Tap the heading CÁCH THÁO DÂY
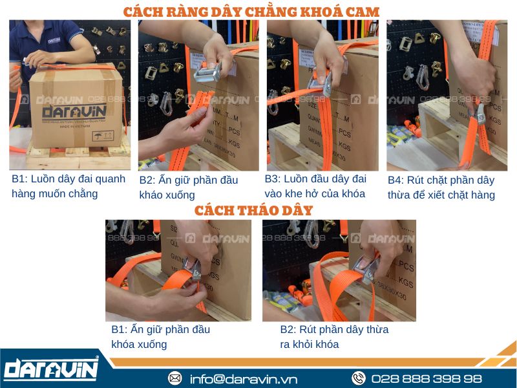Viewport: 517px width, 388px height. (253, 210)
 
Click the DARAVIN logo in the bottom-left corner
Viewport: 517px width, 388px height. (50, 370)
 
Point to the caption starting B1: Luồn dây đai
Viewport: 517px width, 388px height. (68, 186)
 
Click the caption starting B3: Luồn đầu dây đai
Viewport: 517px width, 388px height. (315, 186)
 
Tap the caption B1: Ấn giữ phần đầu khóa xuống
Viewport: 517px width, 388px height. (160, 336)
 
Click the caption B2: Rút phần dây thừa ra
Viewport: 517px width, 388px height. (334, 336)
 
